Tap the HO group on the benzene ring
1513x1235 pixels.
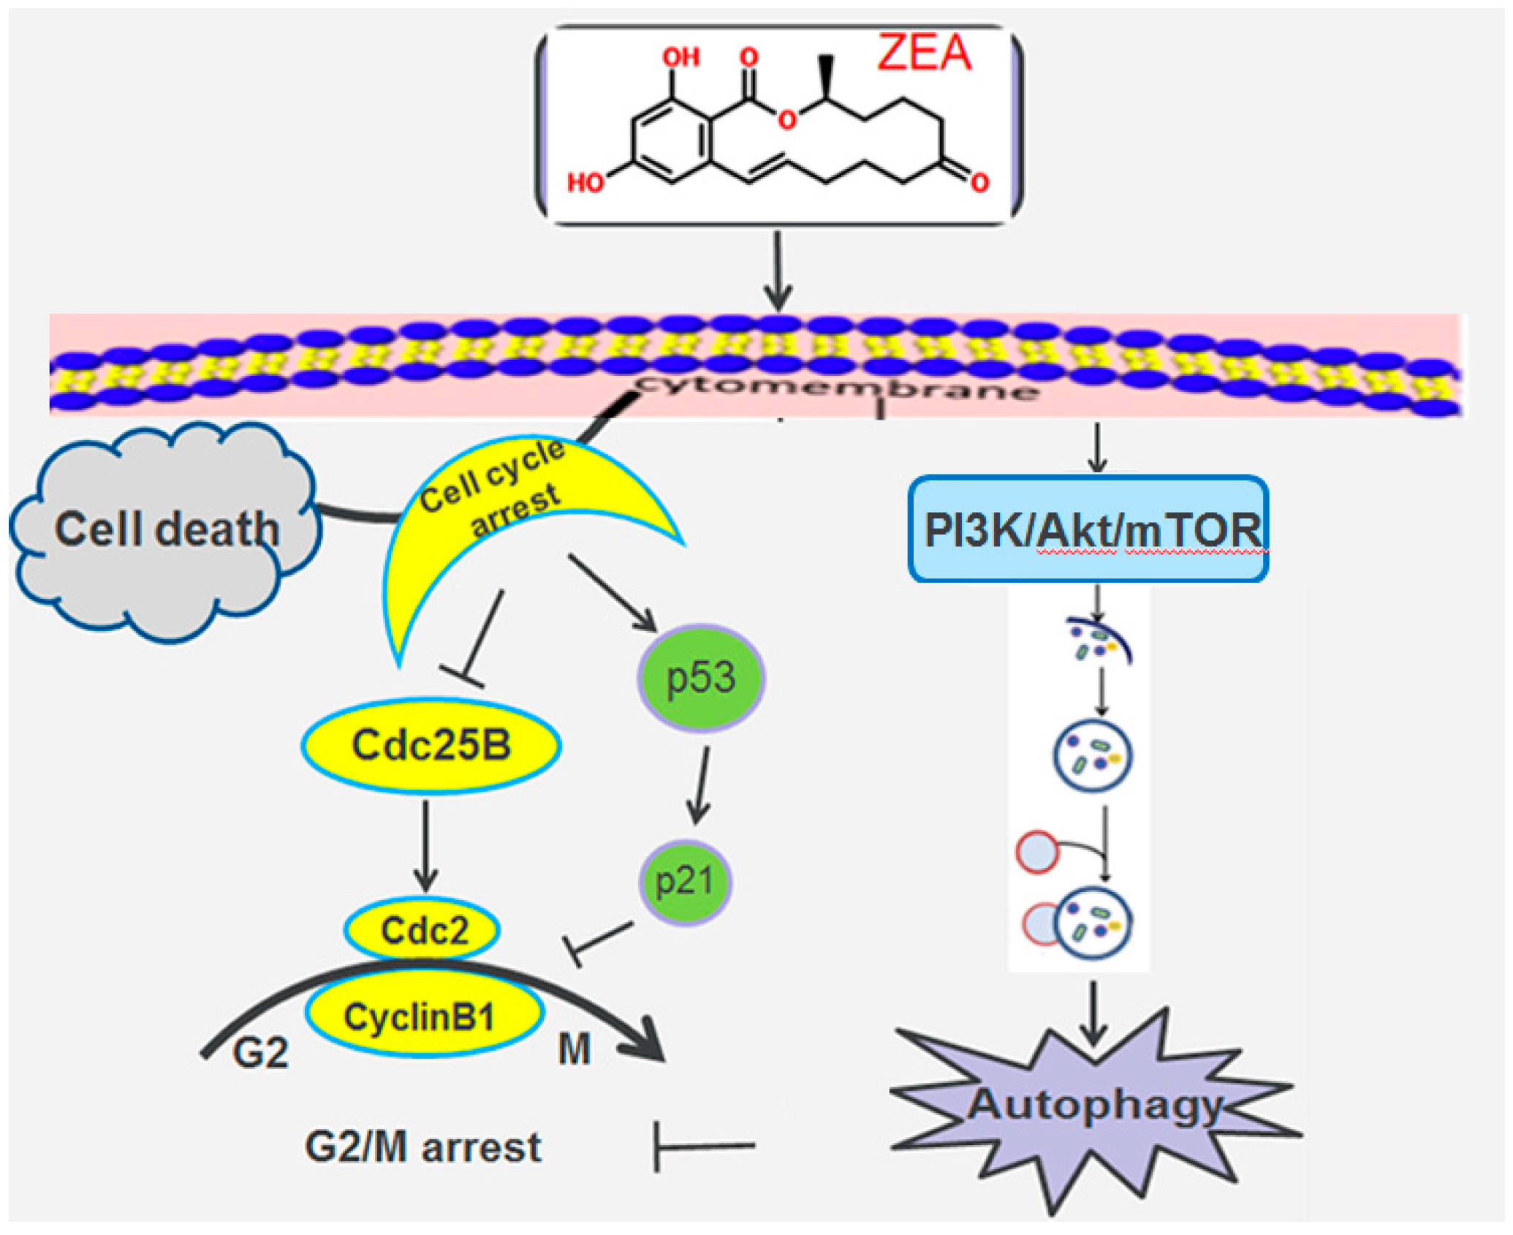point(585,182)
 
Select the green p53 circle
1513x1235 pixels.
point(701,678)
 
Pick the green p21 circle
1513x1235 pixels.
point(684,881)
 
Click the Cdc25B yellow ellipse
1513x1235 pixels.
point(431,746)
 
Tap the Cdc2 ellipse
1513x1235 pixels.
point(422,930)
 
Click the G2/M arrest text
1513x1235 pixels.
point(422,1147)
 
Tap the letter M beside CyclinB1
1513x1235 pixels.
point(574,1050)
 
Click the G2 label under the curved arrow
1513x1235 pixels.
point(260,1054)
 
